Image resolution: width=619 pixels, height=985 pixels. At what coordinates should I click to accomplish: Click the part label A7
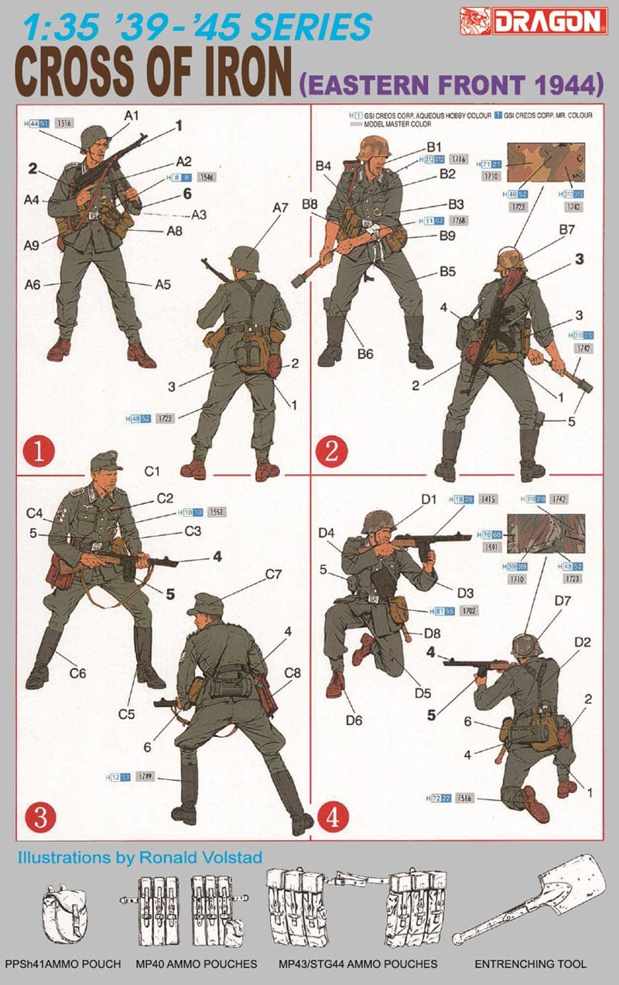click(280, 208)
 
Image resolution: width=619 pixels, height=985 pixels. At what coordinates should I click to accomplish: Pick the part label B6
click(365, 354)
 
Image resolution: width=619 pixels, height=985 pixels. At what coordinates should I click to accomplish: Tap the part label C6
click(77, 674)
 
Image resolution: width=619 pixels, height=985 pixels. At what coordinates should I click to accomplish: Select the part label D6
click(354, 720)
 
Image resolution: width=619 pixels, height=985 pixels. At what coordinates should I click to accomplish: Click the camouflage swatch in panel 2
click(550, 163)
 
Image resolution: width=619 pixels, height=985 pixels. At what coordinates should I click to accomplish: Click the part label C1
click(152, 471)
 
